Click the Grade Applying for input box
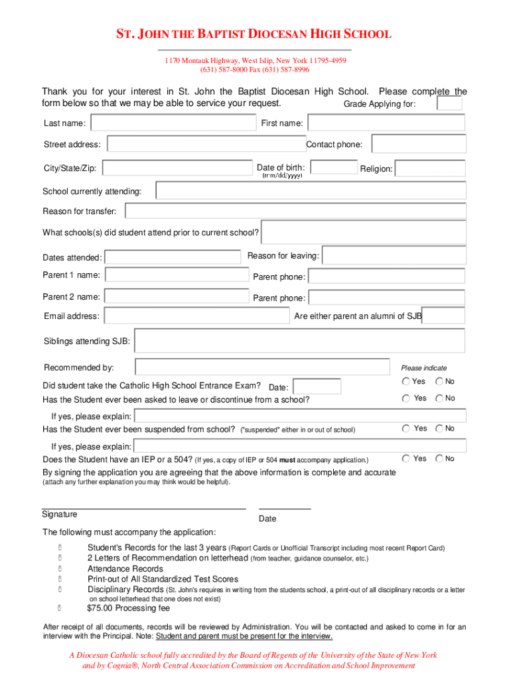(449, 103)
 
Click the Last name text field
(173, 123)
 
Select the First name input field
(386, 123)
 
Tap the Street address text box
(206, 145)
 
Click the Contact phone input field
(418, 144)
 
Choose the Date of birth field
(334, 168)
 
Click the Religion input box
(429, 168)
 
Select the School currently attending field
(311, 191)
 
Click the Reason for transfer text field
(295, 212)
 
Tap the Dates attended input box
(173, 257)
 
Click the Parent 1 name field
(177, 275)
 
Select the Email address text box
(196, 316)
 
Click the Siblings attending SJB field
(299, 341)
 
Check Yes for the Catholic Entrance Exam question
(405, 381)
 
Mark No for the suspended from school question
(439, 428)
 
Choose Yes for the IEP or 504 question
(405, 458)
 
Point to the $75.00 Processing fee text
(128, 608)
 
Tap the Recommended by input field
(262, 367)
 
